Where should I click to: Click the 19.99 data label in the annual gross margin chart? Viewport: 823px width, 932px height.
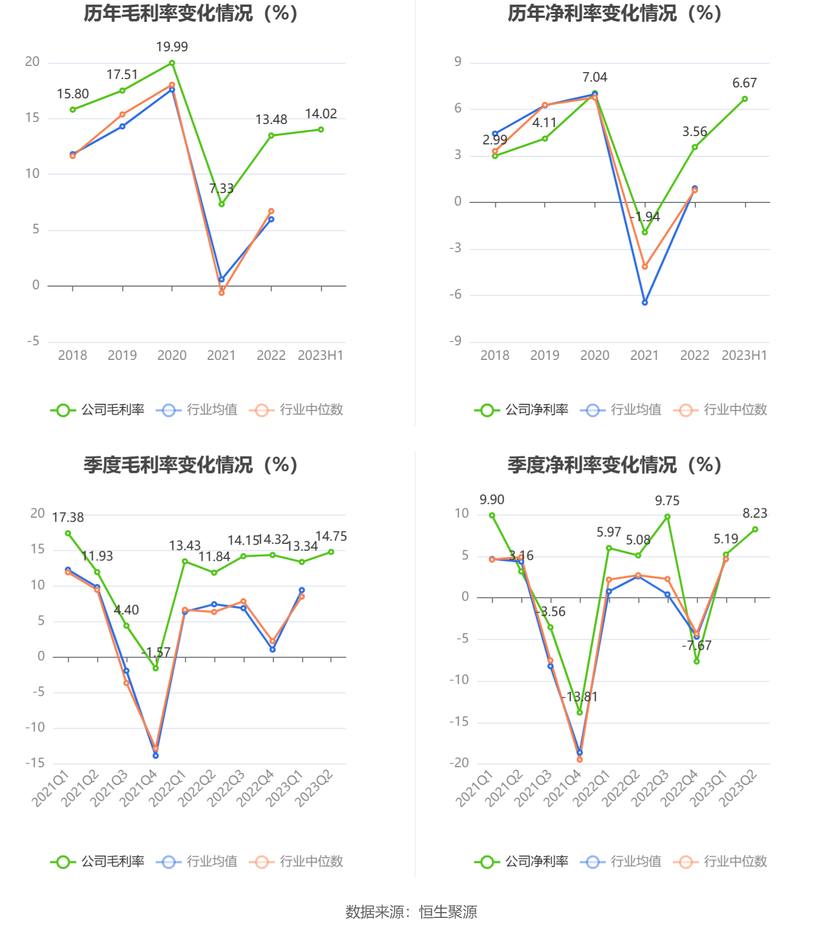click(x=172, y=47)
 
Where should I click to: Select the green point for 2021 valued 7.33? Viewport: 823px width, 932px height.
click(x=222, y=204)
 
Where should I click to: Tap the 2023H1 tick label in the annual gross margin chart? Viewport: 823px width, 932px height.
click(x=321, y=356)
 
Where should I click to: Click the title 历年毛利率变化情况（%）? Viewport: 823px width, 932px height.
click(x=191, y=14)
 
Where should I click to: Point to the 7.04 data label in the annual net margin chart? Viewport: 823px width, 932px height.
click(x=595, y=77)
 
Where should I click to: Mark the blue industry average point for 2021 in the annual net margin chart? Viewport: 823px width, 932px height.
click(x=645, y=302)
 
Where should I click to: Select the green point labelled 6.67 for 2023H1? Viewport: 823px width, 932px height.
click(x=745, y=99)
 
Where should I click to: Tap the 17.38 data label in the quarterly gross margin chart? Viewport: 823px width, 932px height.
click(x=68, y=518)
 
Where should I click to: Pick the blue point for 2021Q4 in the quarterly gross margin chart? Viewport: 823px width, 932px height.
click(x=155, y=755)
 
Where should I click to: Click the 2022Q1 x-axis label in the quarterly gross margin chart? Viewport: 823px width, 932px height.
click(x=167, y=788)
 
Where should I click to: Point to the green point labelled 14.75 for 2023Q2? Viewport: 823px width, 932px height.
click(x=331, y=552)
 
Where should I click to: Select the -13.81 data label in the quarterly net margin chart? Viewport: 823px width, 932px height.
click(x=579, y=697)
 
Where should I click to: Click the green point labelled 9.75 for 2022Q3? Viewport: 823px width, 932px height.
click(x=668, y=517)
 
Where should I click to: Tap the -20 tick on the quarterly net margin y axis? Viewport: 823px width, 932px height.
click(x=459, y=763)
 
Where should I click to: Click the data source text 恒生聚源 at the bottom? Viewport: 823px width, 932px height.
click(x=448, y=912)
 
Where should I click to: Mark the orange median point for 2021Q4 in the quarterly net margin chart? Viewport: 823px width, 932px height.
click(x=579, y=759)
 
